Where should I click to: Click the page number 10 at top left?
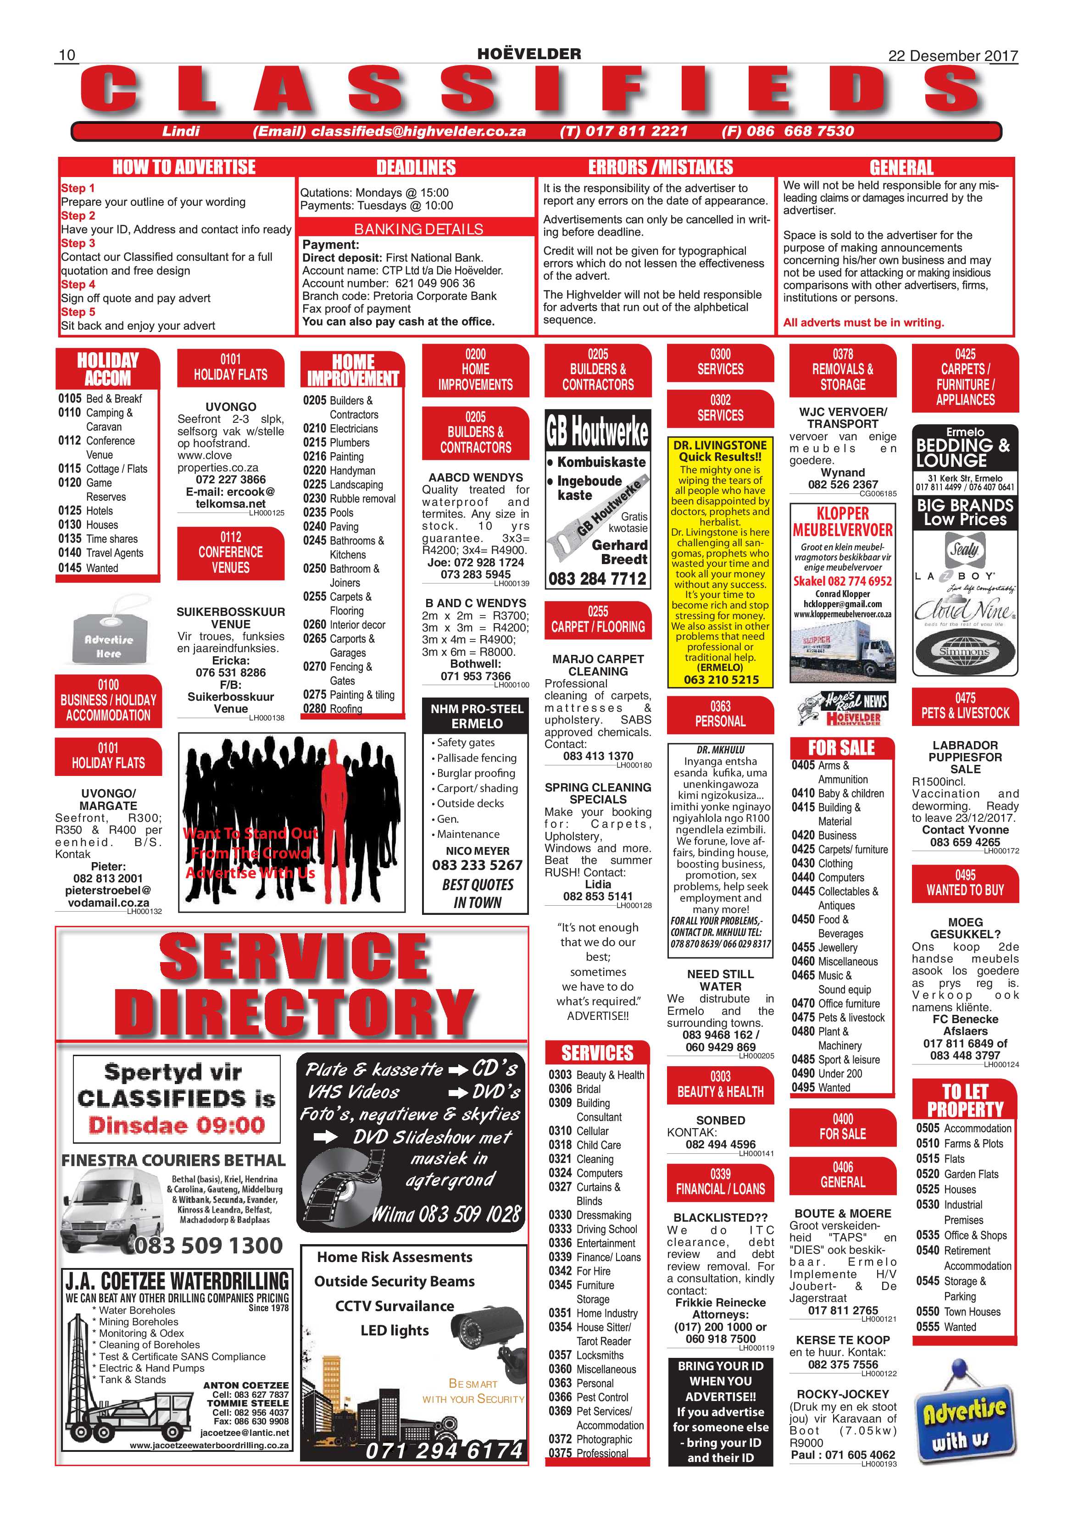tap(67, 55)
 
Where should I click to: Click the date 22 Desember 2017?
tap(953, 55)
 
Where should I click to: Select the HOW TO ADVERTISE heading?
tap(184, 167)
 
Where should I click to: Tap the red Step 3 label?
tap(78, 243)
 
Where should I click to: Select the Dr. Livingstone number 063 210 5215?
tap(721, 679)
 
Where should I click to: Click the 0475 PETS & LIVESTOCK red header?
tap(965, 706)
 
